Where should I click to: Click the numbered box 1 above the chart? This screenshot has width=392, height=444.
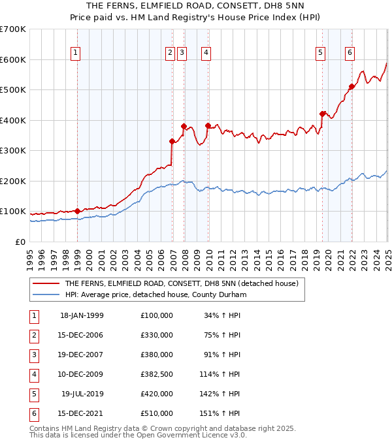(76, 54)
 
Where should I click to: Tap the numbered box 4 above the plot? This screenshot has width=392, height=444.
(206, 54)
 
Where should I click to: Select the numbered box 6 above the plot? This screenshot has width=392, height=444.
(350, 54)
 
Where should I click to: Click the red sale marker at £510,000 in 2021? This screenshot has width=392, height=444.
(351, 86)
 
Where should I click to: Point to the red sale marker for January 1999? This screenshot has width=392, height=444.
(77, 211)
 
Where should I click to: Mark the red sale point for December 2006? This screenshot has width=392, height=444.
(172, 141)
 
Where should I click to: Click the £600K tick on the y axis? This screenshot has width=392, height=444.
(13, 59)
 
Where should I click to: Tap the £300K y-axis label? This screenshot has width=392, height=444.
(13, 150)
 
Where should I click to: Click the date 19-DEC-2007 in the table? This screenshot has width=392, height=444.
(82, 355)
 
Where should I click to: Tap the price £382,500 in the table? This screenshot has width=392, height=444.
(156, 374)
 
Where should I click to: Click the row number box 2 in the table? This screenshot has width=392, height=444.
(33, 335)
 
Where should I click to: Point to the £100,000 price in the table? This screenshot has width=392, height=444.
(156, 315)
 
